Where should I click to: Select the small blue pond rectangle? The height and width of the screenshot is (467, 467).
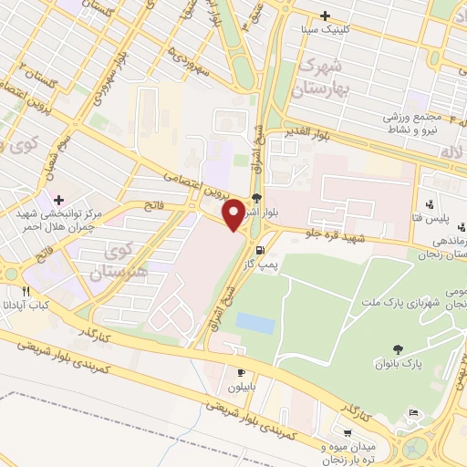254,323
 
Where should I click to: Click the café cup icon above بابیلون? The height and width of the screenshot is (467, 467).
242,372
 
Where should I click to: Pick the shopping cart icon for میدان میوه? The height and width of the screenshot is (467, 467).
347,433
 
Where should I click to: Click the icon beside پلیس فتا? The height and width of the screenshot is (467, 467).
430,204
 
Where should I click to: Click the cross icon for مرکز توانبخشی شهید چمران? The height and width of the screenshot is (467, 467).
59,200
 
